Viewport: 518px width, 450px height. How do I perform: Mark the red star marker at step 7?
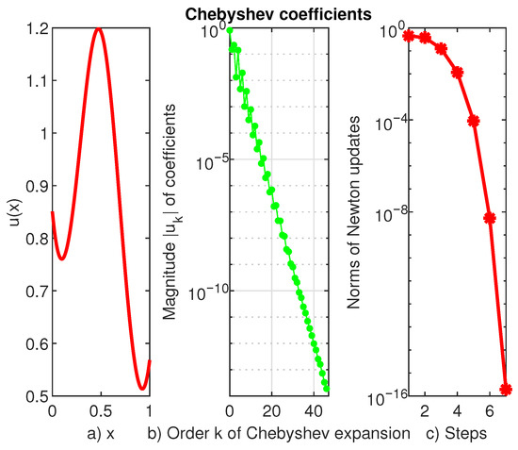(506, 389)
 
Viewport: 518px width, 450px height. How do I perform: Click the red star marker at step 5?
(474, 121)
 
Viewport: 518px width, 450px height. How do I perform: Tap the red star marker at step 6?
(490, 218)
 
